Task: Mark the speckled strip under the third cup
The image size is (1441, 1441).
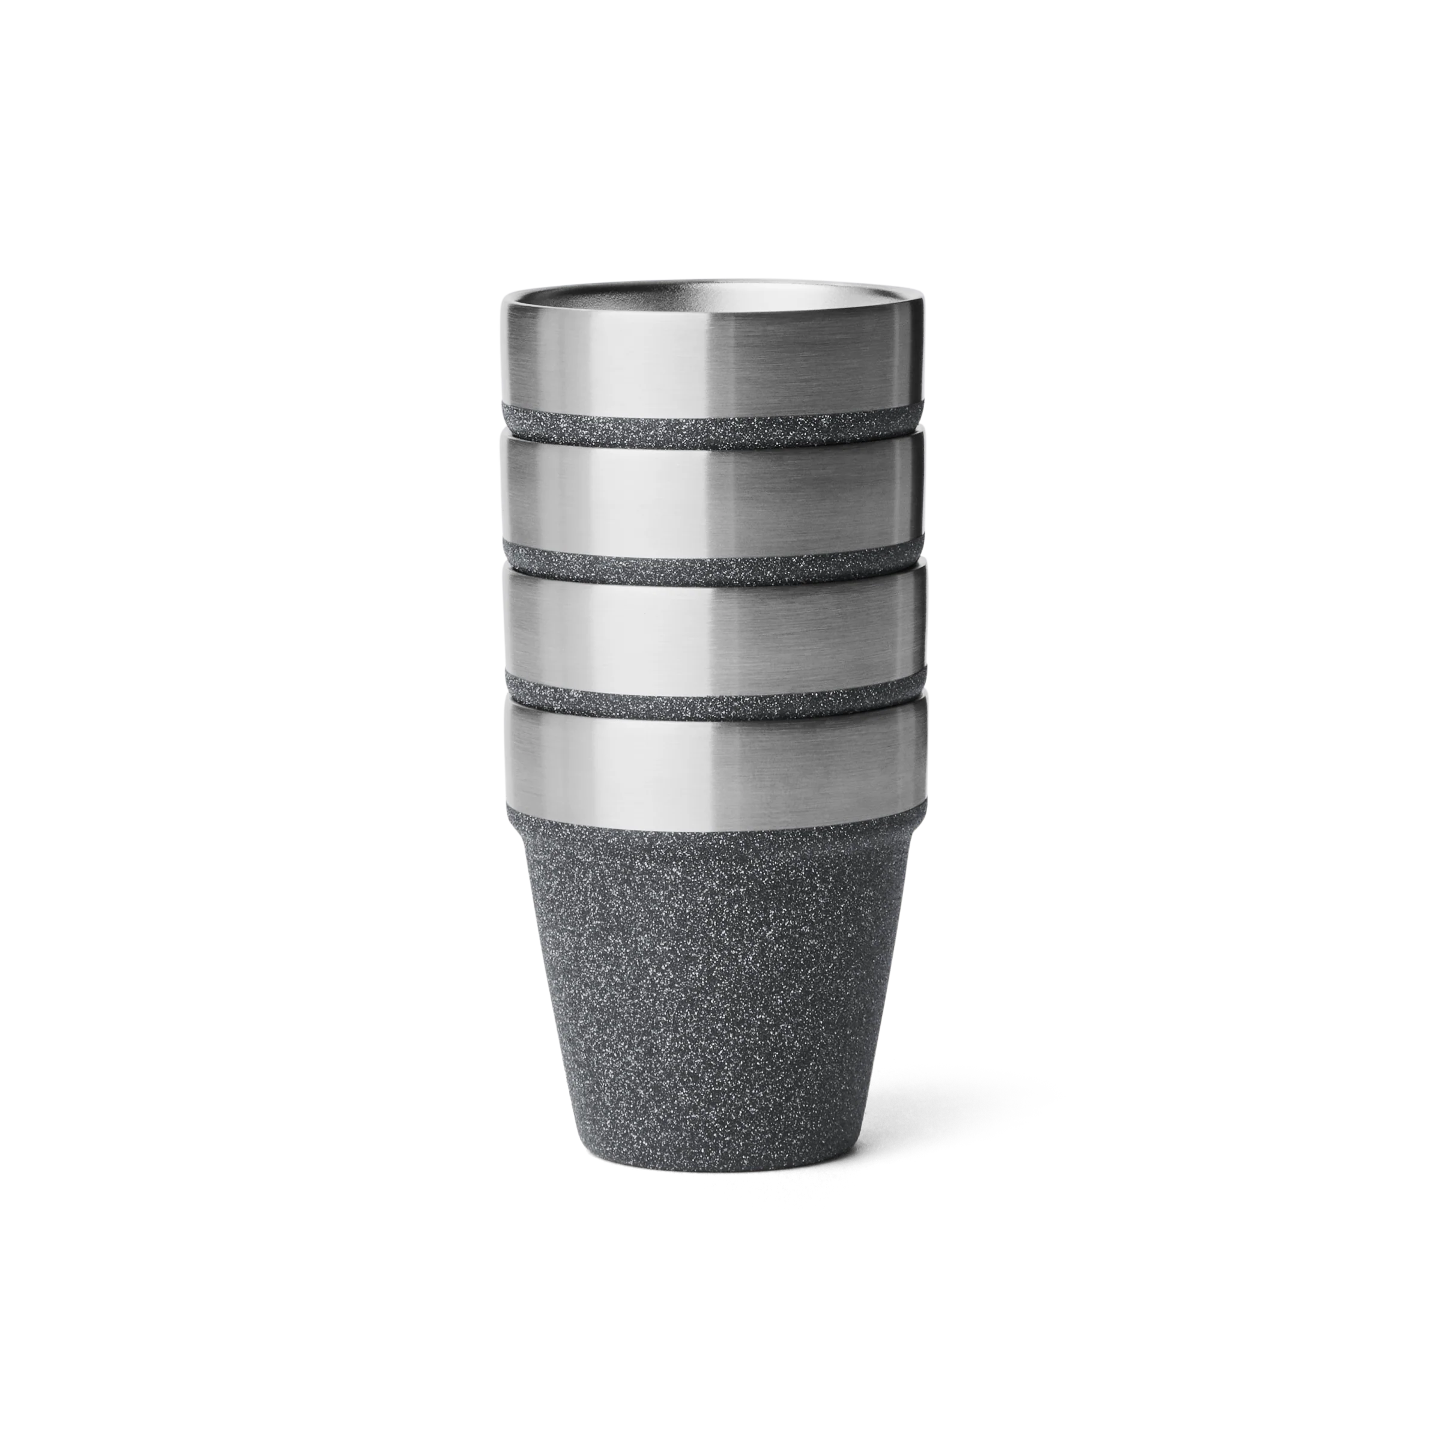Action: coord(712,696)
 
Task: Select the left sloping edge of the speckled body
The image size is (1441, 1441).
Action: coord(552,1007)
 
